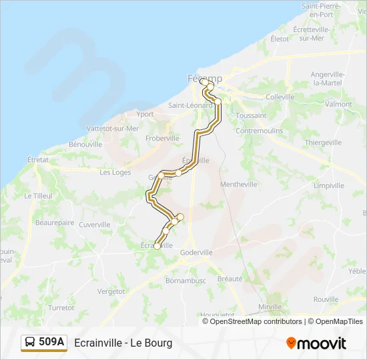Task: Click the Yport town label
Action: pos(145,114)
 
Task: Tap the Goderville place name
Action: pos(196,253)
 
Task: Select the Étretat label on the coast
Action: pos(38,160)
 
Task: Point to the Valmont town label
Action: pos(339,105)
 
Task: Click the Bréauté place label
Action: pos(230,279)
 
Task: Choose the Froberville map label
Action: pos(163,138)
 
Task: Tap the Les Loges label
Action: pos(115,172)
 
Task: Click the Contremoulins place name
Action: pos(260,131)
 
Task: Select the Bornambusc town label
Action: pos(186,281)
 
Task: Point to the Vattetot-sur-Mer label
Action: pos(113,129)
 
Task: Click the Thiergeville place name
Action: pos(323,143)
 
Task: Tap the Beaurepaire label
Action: pos(55,222)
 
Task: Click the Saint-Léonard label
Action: pos(190,105)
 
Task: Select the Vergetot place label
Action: pos(111,291)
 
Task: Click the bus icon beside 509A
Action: pos(30,343)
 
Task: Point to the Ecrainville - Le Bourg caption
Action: pos(123,343)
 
